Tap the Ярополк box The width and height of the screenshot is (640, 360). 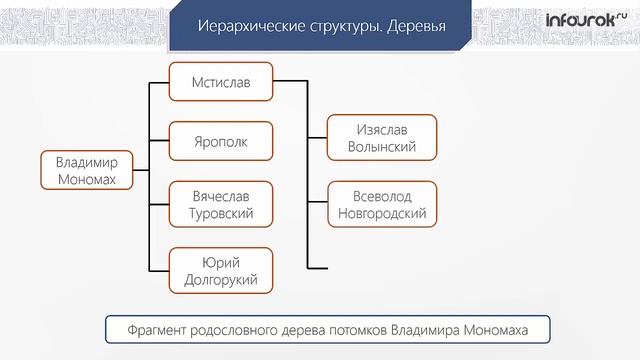point(220,142)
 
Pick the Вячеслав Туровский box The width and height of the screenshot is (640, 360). point(220,203)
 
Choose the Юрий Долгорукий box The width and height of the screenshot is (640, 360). point(220,270)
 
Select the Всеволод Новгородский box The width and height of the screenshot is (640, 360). point(382,203)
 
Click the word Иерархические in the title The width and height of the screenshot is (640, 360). point(244,25)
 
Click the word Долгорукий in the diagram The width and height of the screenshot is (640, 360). point(220,280)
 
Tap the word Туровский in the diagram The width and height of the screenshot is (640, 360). point(220,213)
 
